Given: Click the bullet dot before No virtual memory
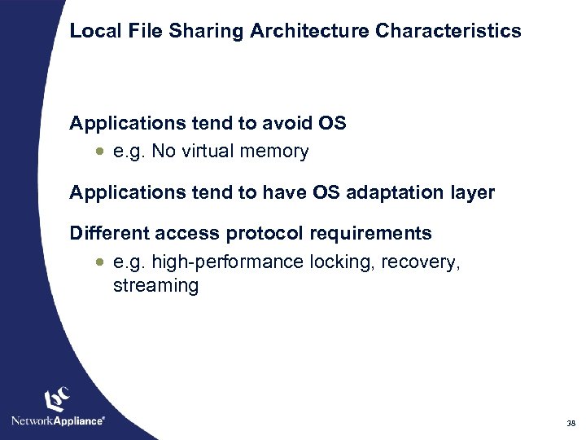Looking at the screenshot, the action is (99, 152).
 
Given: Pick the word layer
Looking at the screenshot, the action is (472, 193).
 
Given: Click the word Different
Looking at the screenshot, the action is (107, 234).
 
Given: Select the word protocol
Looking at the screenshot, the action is (259, 234).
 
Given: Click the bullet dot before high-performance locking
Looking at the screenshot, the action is (99, 262).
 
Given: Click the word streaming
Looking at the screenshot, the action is (155, 286).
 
